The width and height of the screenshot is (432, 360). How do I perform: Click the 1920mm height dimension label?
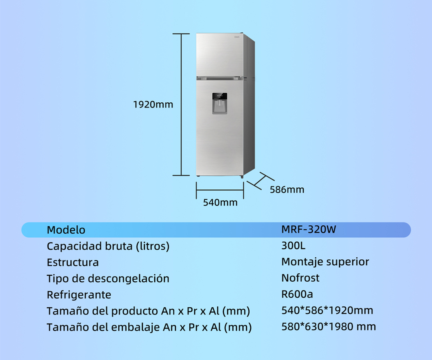pyautogui.click(x=153, y=105)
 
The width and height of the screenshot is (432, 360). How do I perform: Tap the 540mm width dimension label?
pyautogui.click(x=220, y=203)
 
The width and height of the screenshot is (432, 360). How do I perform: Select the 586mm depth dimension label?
pyautogui.click(x=287, y=189)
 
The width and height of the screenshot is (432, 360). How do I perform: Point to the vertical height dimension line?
pyautogui.click(x=182, y=105)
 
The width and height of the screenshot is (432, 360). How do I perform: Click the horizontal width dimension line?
pyautogui.click(x=220, y=189)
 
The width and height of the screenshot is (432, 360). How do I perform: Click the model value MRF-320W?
pyautogui.click(x=309, y=230)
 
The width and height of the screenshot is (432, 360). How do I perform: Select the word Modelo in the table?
pyautogui.click(x=66, y=230)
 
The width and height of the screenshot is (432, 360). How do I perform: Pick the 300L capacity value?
pyautogui.click(x=293, y=246)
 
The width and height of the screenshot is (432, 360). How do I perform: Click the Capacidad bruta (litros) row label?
pyautogui.click(x=108, y=246)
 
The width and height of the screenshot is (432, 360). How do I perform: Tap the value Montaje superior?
pyautogui.click(x=325, y=262)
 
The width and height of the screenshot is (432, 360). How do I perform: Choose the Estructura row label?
pyautogui.click(x=73, y=263)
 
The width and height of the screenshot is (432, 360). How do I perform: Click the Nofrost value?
pyautogui.click(x=300, y=278)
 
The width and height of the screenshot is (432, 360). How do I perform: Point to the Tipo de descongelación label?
pyautogui.click(x=108, y=278)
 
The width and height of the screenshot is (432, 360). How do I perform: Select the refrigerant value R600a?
pyautogui.click(x=297, y=294)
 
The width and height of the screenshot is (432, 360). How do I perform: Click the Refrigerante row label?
pyautogui.click(x=79, y=295)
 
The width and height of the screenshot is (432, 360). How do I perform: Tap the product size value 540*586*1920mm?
pyautogui.click(x=327, y=310)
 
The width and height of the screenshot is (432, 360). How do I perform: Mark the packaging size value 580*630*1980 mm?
pyautogui.click(x=329, y=327)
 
